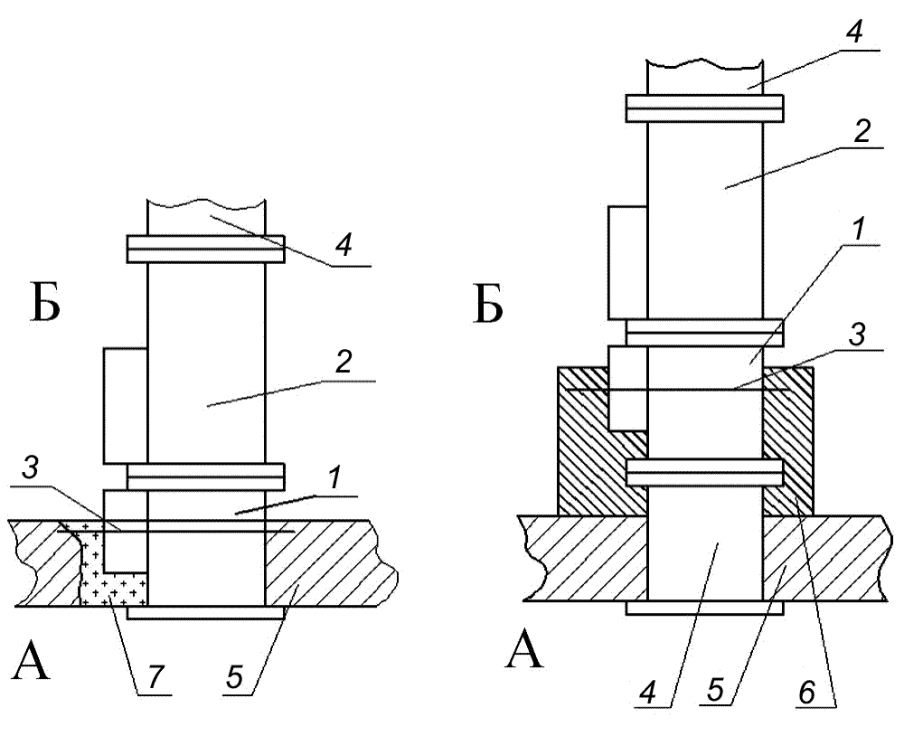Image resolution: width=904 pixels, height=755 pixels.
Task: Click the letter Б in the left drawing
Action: pos(45,304)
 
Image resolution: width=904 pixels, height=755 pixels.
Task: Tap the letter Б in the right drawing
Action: pos(488,304)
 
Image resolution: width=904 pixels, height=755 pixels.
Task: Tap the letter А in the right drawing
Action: pos(524,649)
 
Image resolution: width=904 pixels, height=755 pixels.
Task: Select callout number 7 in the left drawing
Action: pos(155,677)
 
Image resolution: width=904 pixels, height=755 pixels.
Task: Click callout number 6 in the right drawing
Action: pos(807,691)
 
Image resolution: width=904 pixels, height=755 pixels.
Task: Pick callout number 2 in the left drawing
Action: pos(344,362)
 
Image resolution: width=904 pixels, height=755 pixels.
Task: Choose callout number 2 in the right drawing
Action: pos(862,132)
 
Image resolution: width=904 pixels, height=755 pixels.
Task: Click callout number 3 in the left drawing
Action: pos(30,467)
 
